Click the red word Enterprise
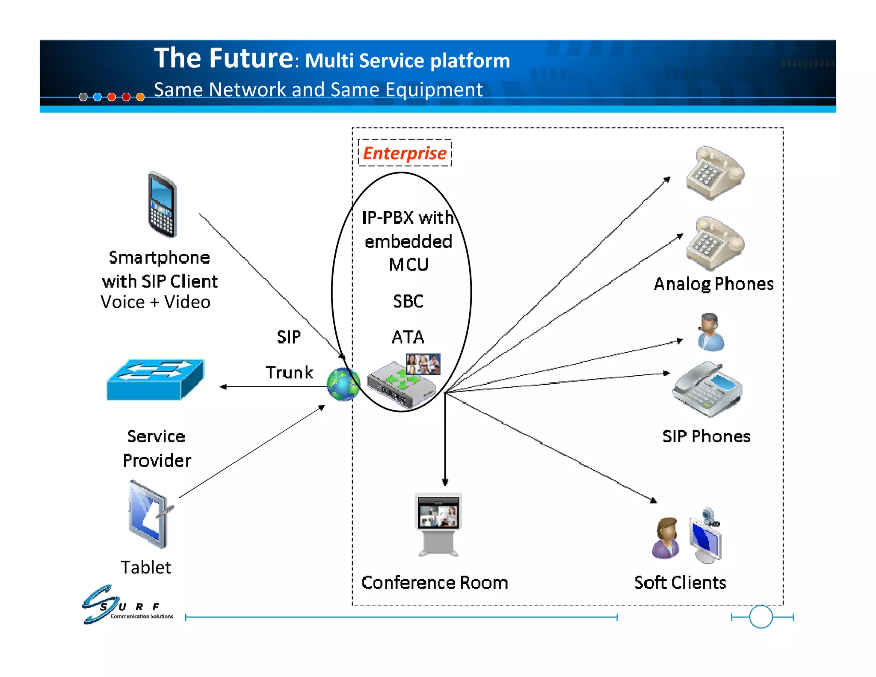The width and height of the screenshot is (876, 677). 404,153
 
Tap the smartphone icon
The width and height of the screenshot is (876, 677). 162,205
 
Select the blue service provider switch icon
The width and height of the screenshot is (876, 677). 156,380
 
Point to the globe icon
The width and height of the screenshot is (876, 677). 343,384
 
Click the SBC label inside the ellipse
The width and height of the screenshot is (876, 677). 408,301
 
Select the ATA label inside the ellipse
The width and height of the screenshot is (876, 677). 408,337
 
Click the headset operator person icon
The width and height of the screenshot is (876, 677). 710,332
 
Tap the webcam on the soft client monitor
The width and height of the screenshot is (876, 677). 709,514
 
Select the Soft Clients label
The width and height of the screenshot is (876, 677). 680,582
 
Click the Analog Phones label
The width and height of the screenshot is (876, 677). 713,284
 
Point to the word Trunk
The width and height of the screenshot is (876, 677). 289,372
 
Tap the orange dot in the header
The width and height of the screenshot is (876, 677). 140,97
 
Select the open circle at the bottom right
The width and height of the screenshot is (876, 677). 761,617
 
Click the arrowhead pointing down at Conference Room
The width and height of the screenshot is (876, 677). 445,482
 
